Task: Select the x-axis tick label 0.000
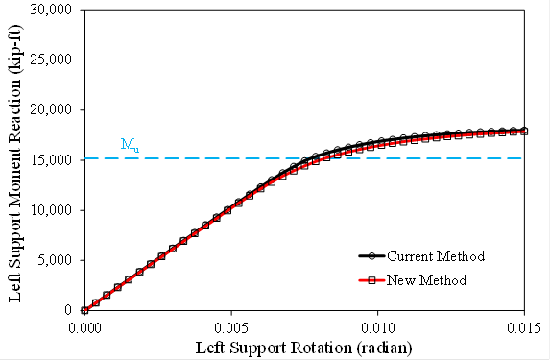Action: (84, 326)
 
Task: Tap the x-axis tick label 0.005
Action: (231, 326)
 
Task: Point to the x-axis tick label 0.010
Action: (378, 326)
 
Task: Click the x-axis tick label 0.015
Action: (524, 326)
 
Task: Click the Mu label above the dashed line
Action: (129, 145)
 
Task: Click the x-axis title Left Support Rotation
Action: (304, 345)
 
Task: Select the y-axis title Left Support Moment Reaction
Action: (16, 159)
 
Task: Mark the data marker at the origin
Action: (84, 310)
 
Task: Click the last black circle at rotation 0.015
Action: (524, 130)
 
